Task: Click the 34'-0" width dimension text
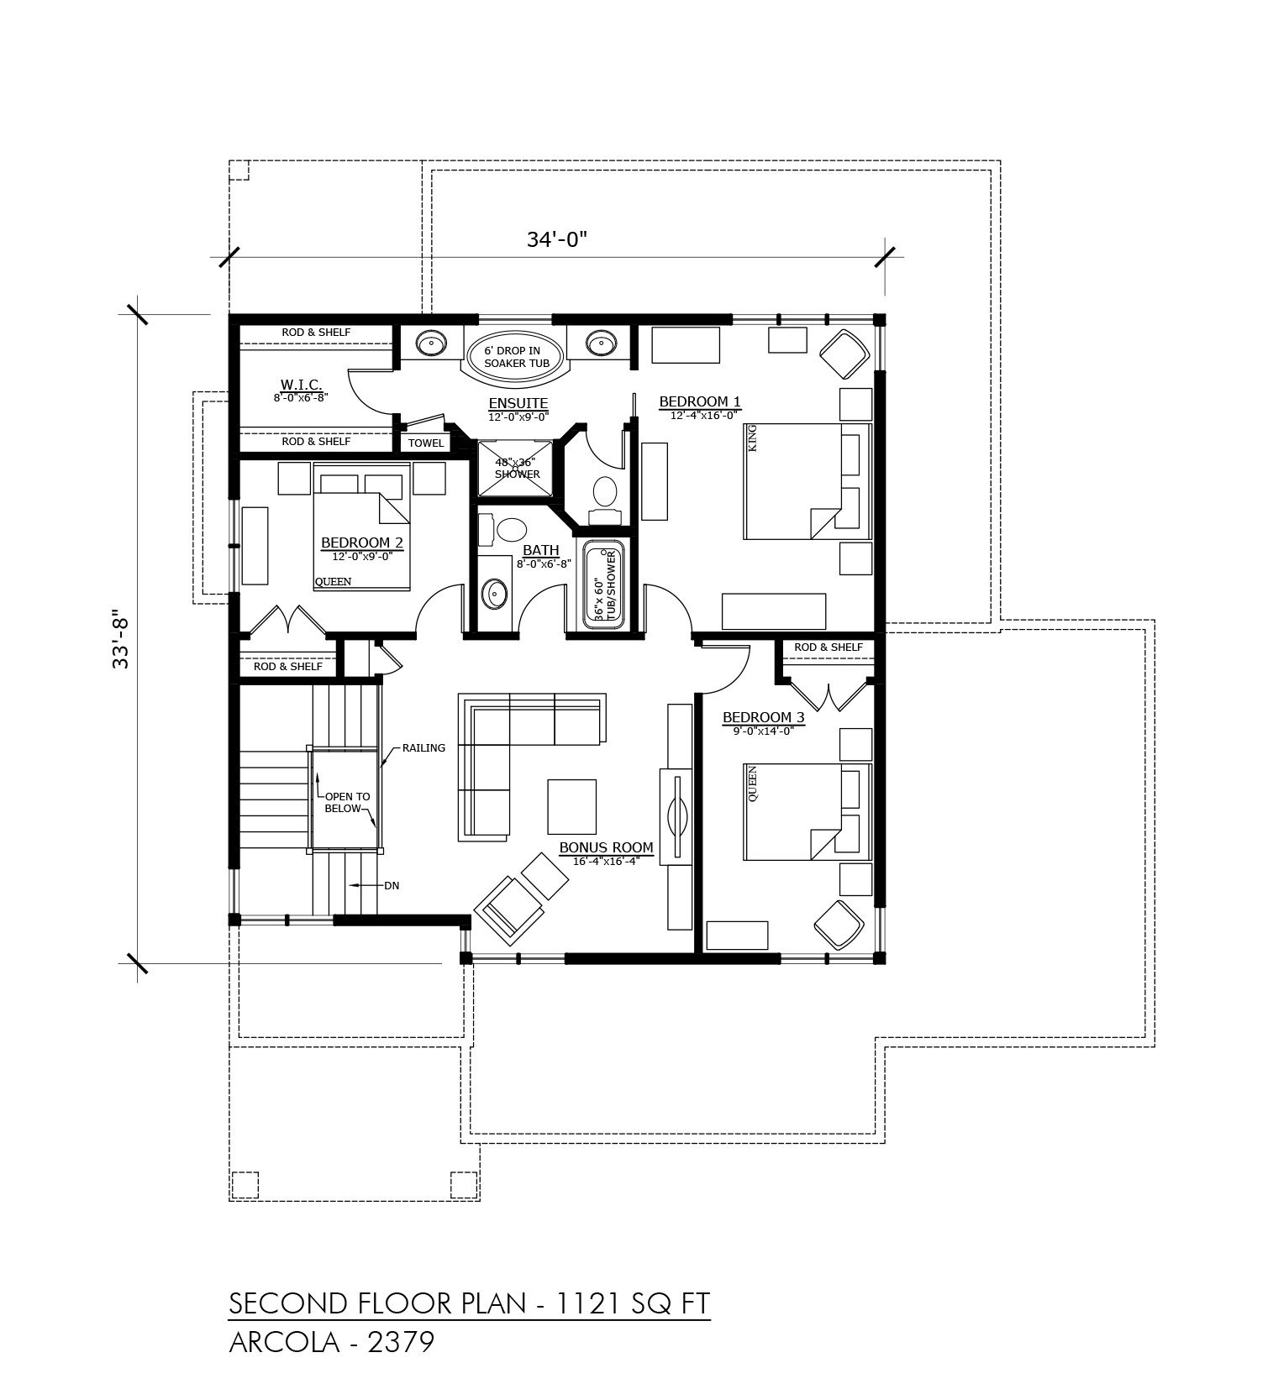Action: pyautogui.click(x=555, y=239)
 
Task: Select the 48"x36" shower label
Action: pyautogui.click(x=517, y=468)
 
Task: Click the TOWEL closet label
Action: pyautogui.click(x=427, y=443)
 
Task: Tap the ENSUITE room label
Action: pyautogui.click(x=518, y=403)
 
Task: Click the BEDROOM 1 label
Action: pyautogui.click(x=699, y=401)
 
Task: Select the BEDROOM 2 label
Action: pyautogui.click(x=362, y=543)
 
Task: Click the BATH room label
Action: pyautogui.click(x=540, y=550)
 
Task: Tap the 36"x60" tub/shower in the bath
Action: pyautogui.click(x=604, y=586)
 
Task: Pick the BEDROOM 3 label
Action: pyautogui.click(x=763, y=717)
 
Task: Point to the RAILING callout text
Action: pyautogui.click(x=423, y=747)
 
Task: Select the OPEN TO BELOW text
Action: pyautogui.click(x=346, y=803)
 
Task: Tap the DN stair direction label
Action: pyautogui.click(x=391, y=885)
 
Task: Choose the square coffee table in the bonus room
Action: pyautogui.click(x=572, y=805)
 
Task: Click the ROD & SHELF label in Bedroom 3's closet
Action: pyautogui.click(x=829, y=647)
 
